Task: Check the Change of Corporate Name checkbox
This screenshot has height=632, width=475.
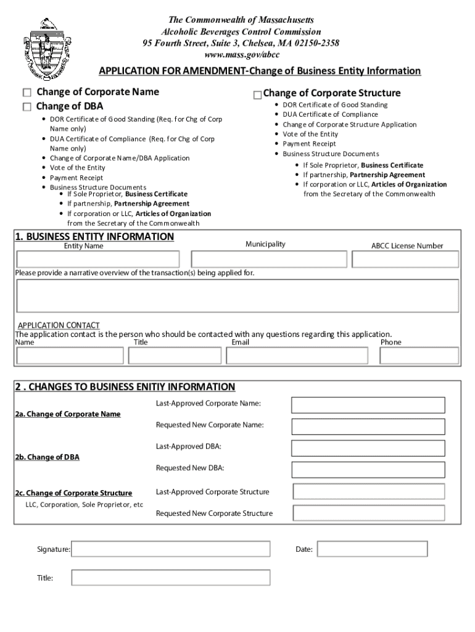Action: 27,93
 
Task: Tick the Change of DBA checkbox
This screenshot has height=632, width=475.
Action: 27,107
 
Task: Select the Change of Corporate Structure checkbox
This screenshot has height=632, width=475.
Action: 257,94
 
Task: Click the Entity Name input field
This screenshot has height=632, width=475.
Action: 98,259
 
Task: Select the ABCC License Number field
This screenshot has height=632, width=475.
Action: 405,259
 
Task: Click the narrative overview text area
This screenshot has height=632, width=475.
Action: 237,296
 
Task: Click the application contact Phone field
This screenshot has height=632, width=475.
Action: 419,356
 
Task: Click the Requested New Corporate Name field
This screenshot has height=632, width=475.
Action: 368,426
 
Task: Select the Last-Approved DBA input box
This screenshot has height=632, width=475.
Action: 368,447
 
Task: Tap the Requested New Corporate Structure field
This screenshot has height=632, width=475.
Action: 369,513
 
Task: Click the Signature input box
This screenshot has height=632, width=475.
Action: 171,549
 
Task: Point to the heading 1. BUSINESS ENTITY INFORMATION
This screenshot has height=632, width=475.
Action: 94,237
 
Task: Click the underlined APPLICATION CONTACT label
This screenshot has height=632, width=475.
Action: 59,325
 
